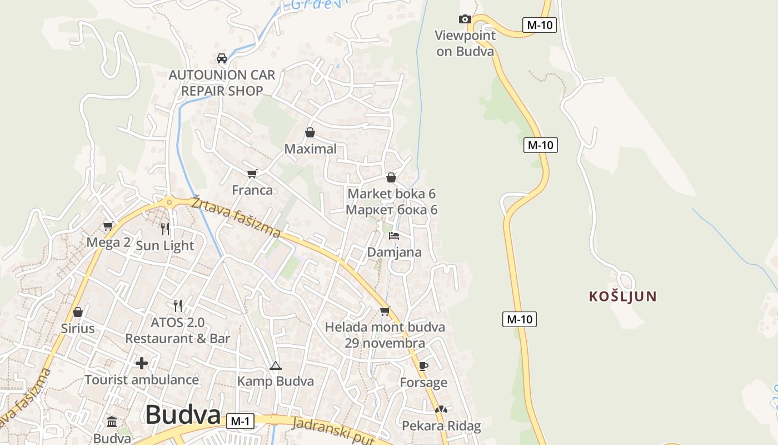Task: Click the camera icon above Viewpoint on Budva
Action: pos(465,19)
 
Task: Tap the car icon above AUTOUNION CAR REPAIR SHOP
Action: pos(222,58)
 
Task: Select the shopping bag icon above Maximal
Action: pos(310,132)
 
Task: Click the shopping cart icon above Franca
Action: pos(252,174)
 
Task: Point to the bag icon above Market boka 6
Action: pos(391,177)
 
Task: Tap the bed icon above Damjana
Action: pos(394,236)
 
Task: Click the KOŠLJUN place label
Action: pos(623,296)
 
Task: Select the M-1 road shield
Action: pos(240,421)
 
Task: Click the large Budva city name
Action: pos(183,415)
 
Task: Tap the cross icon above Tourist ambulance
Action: pos(142,363)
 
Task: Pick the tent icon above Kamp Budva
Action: pos(275,365)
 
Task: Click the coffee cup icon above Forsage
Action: pos(423,366)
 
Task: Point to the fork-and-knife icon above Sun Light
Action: pos(165,229)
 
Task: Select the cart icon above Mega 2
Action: pos(108,226)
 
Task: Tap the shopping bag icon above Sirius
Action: pos(78,312)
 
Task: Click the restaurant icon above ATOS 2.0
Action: pos(178,305)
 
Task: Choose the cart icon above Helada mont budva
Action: pos(385,311)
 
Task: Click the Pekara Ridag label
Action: pos(441,426)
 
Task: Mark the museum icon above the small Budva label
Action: pos(112,421)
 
